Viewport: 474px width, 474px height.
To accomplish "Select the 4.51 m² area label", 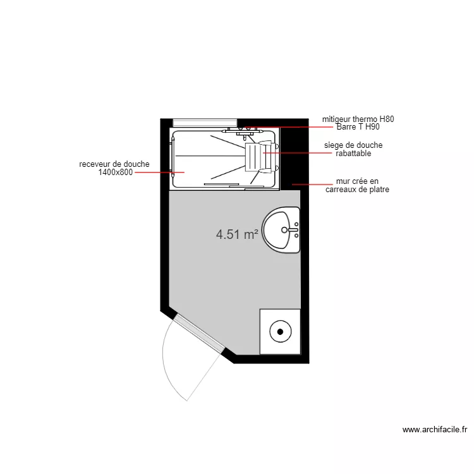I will [237, 234].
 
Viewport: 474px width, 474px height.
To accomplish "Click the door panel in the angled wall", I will [199, 333].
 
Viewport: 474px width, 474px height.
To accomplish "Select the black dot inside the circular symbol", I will [279, 330].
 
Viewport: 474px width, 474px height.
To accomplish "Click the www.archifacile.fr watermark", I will [435, 430].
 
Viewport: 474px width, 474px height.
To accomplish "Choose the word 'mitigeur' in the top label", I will [336, 119].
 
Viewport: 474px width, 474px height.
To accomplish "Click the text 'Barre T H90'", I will [358, 127].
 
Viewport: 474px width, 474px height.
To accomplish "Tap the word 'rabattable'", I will [353, 154].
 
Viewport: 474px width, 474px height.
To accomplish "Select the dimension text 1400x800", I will [116, 172].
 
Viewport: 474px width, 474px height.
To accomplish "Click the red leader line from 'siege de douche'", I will [297, 152].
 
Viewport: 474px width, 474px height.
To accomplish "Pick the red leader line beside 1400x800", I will [152, 172].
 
